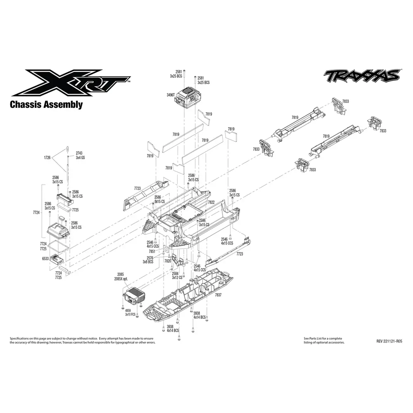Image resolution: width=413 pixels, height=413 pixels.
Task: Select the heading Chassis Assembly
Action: coord(46,104)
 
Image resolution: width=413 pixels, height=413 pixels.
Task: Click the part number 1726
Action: coord(47,158)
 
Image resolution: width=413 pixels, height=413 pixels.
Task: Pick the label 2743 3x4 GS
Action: coord(81,156)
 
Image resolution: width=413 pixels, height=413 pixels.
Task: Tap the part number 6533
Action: coord(45,259)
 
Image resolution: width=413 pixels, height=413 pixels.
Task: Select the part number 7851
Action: coord(152,251)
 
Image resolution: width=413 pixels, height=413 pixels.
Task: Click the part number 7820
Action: coord(168,261)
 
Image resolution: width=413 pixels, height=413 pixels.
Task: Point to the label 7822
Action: coord(211,202)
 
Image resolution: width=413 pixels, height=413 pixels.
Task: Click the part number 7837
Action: coord(218,295)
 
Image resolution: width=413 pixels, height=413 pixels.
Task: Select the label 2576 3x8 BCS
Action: coord(148,259)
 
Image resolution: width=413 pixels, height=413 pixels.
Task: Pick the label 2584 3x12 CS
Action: coord(177,275)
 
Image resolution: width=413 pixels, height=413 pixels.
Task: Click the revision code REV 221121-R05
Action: coord(389,342)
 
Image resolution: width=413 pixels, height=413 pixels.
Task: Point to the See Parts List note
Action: coord(323,340)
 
